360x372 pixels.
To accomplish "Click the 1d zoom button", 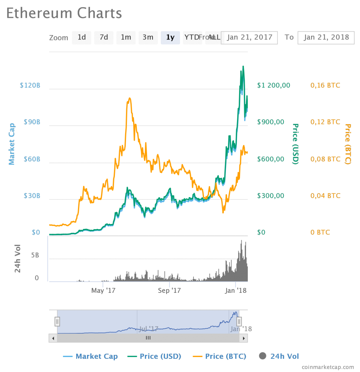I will tap(82, 37).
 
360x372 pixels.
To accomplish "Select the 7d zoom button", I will tap(103, 37).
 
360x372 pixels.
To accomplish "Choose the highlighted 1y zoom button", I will tap(170, 37).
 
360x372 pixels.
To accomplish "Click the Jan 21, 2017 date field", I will tap(250, 37).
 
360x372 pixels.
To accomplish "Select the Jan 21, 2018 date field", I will tap(326, 37).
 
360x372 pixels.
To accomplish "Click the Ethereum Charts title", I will tap(64, 13).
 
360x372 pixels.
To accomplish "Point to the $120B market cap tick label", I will tap(30, 85).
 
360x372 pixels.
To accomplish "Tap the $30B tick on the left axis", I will tap(32, 196).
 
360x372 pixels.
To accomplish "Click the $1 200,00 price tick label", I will tap(273, 85).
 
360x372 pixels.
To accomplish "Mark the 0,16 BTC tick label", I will tap(325, 85).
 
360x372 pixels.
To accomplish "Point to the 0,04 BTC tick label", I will tap(325, 196).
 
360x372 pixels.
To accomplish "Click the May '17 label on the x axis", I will tap(103, 290).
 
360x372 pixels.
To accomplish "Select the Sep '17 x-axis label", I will tap(170, 290).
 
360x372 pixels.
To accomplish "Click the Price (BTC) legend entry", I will tap(219, 356).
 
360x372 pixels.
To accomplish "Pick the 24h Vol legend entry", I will tap(279, 356).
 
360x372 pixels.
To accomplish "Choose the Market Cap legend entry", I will tap(90, 356).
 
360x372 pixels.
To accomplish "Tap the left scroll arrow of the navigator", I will tap(53, 338).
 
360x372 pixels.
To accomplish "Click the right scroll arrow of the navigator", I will tap(244, 338).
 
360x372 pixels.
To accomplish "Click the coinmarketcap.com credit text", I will tap(328, 367).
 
